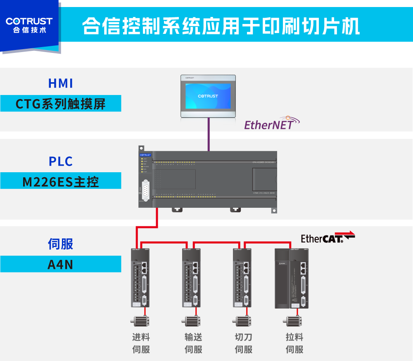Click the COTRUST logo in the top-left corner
click(29, 25)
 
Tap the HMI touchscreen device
click(208, 96)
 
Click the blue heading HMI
click(61, 83)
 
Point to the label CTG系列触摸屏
click(61, 103)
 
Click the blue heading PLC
click(61, 161)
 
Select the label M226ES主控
click(61, 181)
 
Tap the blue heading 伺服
click(61, 244)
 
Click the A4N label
click(61, 264)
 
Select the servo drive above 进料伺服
click(140, 278)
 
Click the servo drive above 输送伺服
click(191, 278)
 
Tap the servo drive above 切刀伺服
click(242, 278)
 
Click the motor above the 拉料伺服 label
click(293, 321)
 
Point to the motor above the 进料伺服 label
click(140, 321)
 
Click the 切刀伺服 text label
click(243, 343)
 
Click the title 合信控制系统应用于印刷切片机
click(221, 26)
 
